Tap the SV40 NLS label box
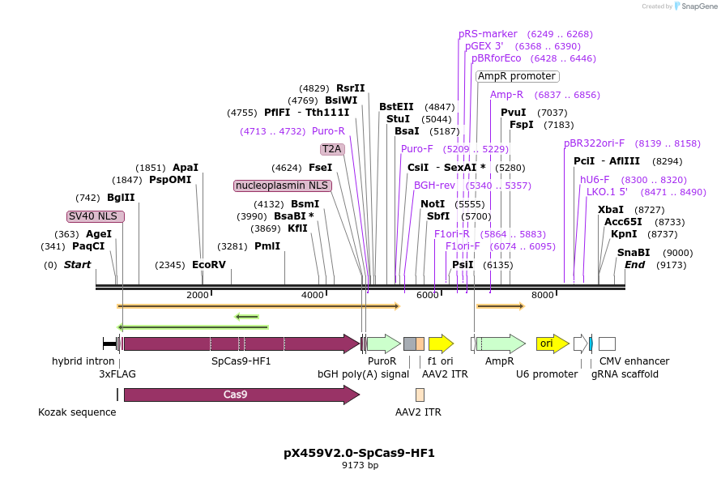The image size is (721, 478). tap(96, 216)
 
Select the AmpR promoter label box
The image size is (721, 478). tap(517, 76)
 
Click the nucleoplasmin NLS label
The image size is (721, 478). tap(282, 186)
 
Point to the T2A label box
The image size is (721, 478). tap(332, 149)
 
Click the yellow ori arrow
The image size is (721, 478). tap(552, 344)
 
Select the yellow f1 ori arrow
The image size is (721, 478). tap(441, 344)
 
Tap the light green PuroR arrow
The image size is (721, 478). tap(382, 344)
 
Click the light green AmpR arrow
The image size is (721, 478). tap(500, 344)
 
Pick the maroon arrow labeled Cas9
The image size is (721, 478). tap(241, 395)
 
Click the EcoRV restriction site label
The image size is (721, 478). tap(209, 265)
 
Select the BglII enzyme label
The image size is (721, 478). tap(121, 198)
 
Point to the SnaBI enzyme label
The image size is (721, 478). tap(634, 253)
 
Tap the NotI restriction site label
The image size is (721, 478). tap(433, 204)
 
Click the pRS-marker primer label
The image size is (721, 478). tap(488, 34)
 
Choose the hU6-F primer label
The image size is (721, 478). tap(595, 179)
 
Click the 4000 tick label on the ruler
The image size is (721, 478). tap(312, 295)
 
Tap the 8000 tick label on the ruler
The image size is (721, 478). tap(542, 295)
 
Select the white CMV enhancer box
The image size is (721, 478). tap(607, 344)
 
